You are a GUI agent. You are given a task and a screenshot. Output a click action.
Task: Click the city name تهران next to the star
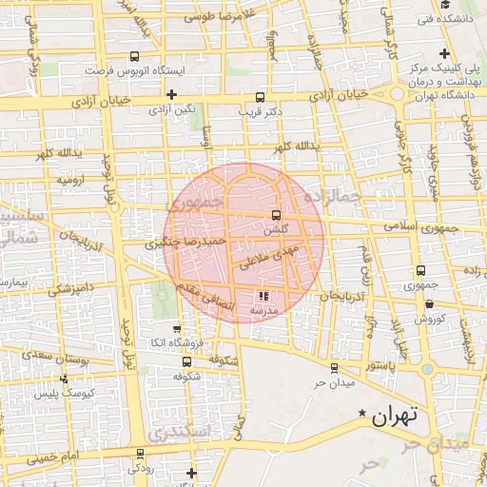[395, 416]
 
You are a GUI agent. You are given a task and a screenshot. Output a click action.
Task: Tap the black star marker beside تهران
[361, 414]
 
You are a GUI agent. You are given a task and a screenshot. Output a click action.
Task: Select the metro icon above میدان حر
[333, 368]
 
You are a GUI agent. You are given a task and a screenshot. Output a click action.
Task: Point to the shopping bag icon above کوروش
[430, 304]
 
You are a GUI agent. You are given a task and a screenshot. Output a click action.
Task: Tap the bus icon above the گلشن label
[276, 215]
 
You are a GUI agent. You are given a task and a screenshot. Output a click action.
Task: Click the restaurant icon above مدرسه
[263, 296]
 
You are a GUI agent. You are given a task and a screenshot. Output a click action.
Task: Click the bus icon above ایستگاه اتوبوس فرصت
[133, 56]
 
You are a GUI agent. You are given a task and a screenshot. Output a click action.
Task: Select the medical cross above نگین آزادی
[171, 94]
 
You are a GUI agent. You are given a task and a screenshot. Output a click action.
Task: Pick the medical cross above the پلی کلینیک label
[443, 53]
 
